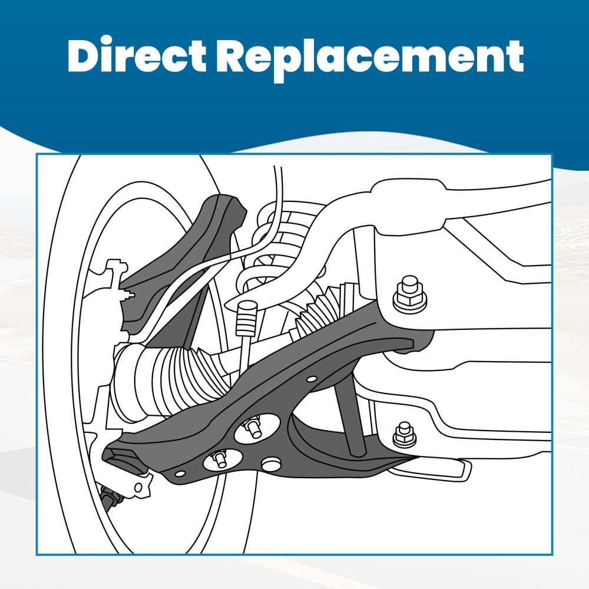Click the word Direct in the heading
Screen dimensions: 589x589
(x=137, y=57)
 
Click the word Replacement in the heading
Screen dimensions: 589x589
(x=370, y=57)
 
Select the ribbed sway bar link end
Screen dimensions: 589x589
(x=246, y=320)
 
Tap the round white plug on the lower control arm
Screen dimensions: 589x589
(x=270, y=465)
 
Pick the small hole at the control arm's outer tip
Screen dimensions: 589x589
(x=180, y=472)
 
